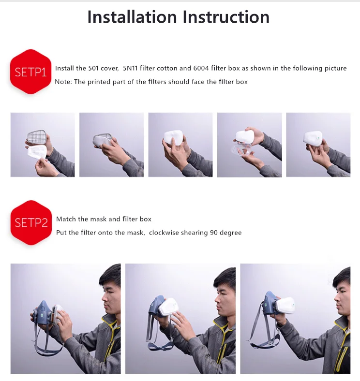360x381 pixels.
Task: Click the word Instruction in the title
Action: tap(226, 17)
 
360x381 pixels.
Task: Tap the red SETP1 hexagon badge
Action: tap(30, 72)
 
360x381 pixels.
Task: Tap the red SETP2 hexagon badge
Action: tap(31, 222)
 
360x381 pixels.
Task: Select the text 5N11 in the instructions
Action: tap(130, 68)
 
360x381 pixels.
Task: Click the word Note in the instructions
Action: tap(62, 82)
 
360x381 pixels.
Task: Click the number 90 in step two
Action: tap(214, 233)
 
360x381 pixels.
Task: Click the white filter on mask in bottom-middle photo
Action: tap(167, 308)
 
